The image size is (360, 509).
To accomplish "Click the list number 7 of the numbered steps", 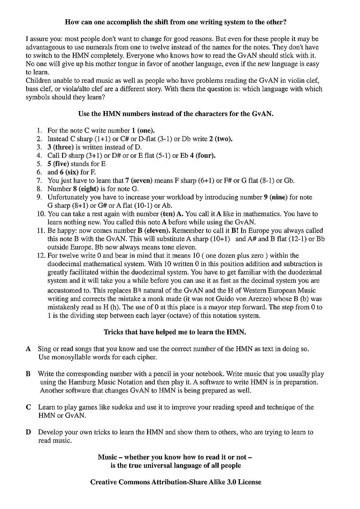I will point(39,180).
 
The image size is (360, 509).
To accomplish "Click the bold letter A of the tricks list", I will point(28,349).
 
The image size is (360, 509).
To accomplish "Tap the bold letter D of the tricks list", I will point(28,432).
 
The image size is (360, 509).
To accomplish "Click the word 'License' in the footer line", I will point(249,482).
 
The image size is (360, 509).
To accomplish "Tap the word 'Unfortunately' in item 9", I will point(69,197).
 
